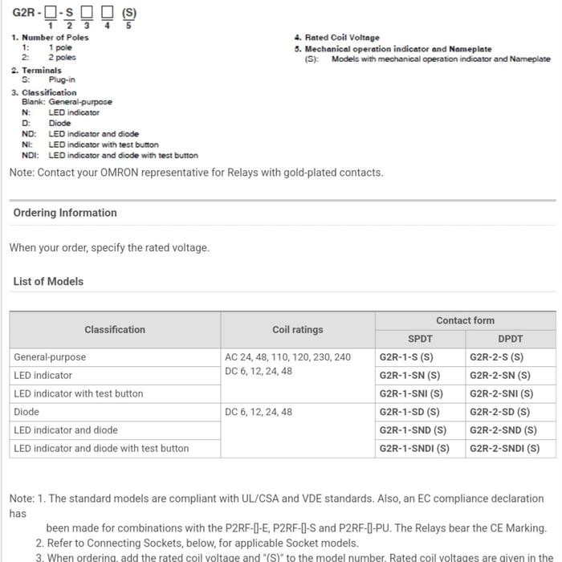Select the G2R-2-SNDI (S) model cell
(504, 449)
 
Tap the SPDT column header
(420, 339)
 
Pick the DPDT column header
(510, 339)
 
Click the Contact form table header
(465, 320)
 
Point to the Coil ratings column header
(297, 329)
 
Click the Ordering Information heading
(65, 213)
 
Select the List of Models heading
(48, 282)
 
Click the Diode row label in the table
(26, 412)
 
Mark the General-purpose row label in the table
(50, 357)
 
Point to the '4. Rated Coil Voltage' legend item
(337, 38)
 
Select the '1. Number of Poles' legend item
(50, 38)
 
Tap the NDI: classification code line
(109, 156)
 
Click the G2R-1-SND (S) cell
(413, 430)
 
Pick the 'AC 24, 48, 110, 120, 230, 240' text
(287, 357)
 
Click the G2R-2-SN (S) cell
(499, 375)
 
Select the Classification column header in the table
(115, 329)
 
